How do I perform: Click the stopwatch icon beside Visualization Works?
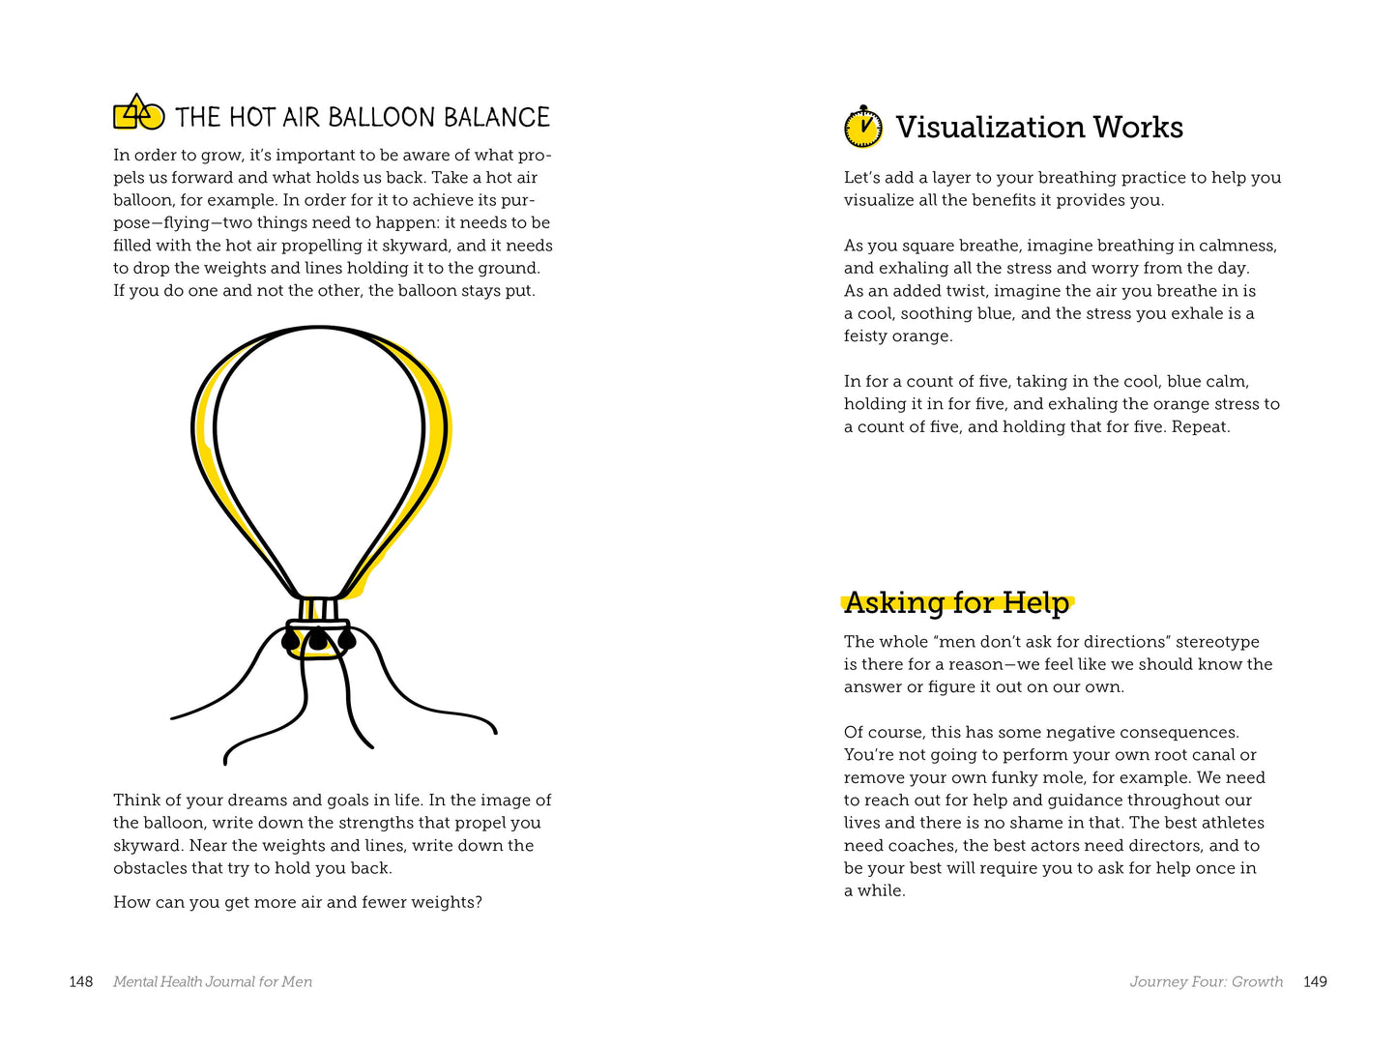863,128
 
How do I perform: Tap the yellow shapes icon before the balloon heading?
138,114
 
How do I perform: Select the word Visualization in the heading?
987,128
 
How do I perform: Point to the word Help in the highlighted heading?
1036,603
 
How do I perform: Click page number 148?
81,982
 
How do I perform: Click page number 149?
1315,982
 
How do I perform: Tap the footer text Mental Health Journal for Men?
213,982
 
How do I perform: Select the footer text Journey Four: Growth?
1206,982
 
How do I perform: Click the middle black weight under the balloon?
318,638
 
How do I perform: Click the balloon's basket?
318,639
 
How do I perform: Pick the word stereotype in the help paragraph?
1217,642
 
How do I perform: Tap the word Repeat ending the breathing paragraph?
1201,427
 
